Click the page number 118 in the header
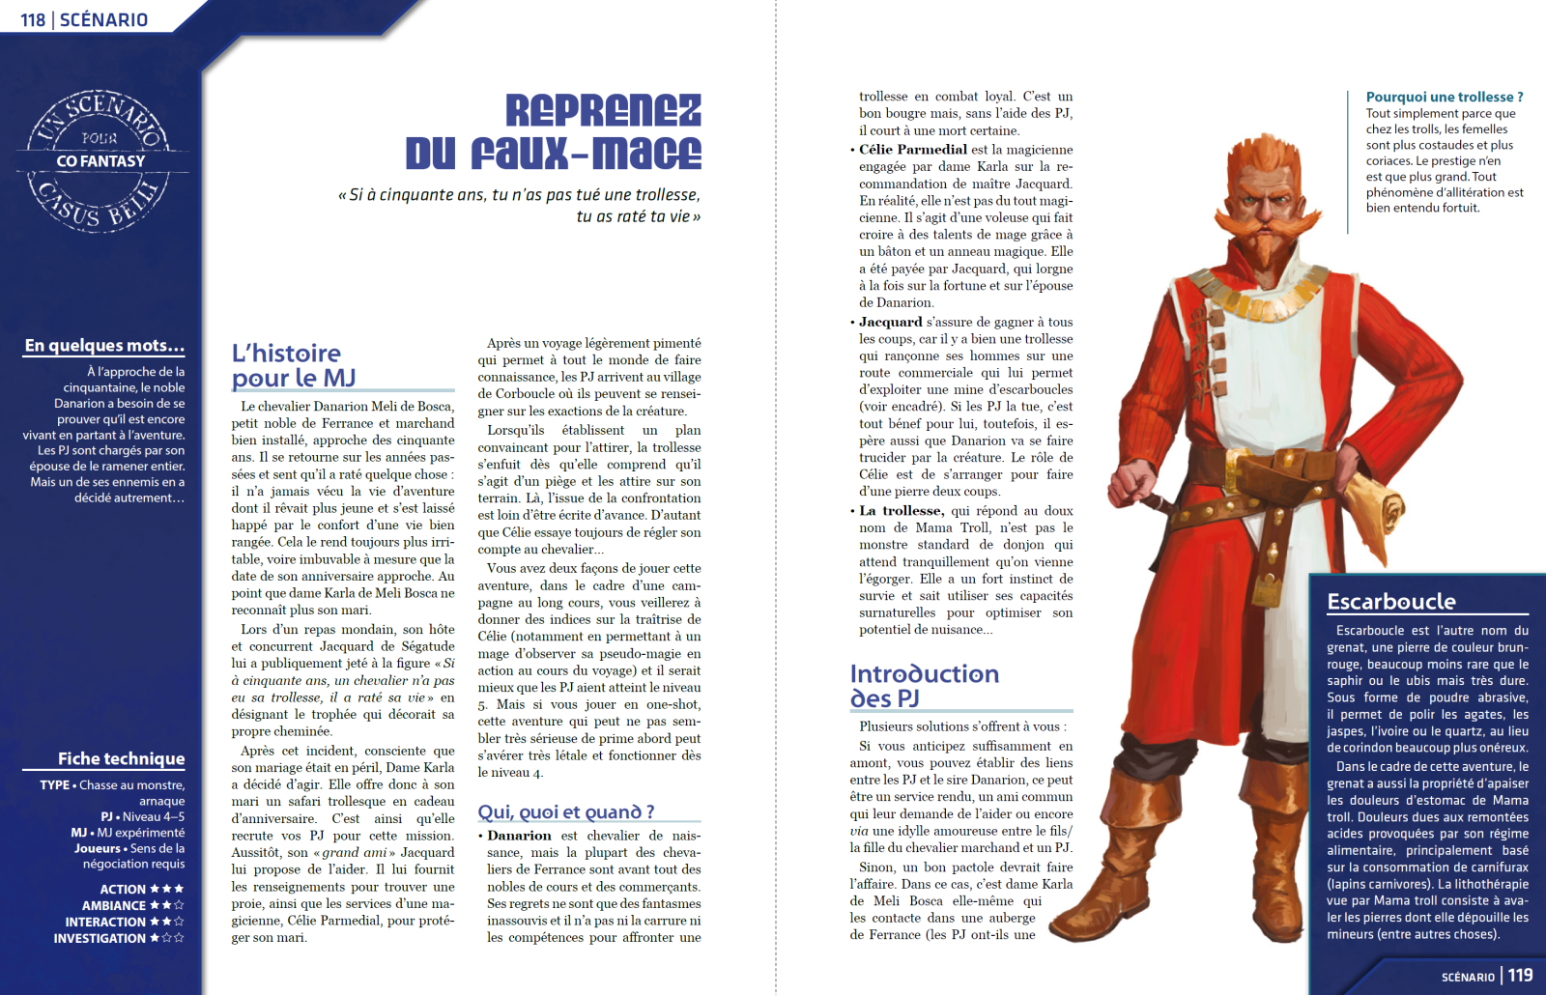pos(33,19)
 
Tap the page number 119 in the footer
pos(1520,975)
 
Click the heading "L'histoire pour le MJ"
pos(294,365)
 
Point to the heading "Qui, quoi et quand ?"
pos(566,811)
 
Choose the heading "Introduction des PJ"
pos(925,685)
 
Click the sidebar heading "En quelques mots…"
pos(104,345)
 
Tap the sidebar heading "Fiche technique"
pos(121,758)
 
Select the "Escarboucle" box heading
pos(1390,601)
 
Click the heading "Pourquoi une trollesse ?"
pos(1444,97)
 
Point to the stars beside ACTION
pos(166,889)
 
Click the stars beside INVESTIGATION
pos(166,938)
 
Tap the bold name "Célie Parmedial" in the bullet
pos(912,150)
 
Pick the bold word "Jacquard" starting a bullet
pos(890,322)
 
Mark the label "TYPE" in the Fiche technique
pos(54,784)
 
